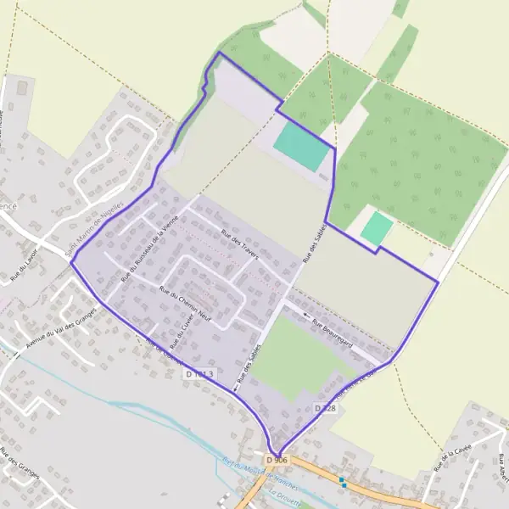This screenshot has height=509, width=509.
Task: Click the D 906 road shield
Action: pos(277,460)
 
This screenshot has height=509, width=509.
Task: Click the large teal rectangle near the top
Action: pos(301,147)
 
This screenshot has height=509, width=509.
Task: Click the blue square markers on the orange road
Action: pos(342,482)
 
